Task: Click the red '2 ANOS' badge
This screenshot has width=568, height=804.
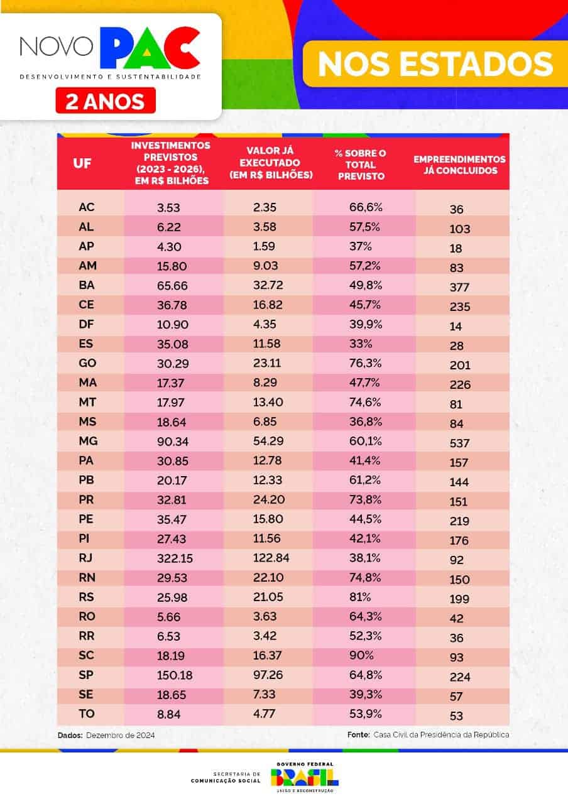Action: (106, 100)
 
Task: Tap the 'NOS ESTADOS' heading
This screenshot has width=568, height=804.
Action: (435, 64)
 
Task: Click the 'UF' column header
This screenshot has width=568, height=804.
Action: (82, 163)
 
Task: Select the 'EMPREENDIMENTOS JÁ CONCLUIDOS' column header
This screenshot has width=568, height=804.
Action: (459, 165)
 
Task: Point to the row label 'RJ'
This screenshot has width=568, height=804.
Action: (85, 558)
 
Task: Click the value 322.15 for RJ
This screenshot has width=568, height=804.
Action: (175, 558)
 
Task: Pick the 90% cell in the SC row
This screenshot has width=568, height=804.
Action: (361, 655)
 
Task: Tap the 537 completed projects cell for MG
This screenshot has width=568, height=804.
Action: (459, 443)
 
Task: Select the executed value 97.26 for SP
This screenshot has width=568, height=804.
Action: (268, 675)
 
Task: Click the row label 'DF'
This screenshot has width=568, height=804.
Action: (86, 324)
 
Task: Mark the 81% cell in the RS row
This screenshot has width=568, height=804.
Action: (360, 597)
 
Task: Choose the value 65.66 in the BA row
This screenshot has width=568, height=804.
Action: (172, 285)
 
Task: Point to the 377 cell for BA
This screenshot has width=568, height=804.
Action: (459, 287)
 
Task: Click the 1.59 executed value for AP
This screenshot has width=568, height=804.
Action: (264, 246)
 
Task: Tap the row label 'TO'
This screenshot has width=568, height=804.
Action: (87, 714)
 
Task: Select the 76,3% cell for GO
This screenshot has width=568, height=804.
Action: (365, 363)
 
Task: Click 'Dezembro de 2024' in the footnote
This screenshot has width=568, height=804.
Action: (120, 736)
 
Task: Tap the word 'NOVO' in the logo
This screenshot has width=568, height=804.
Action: (57, 46)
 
